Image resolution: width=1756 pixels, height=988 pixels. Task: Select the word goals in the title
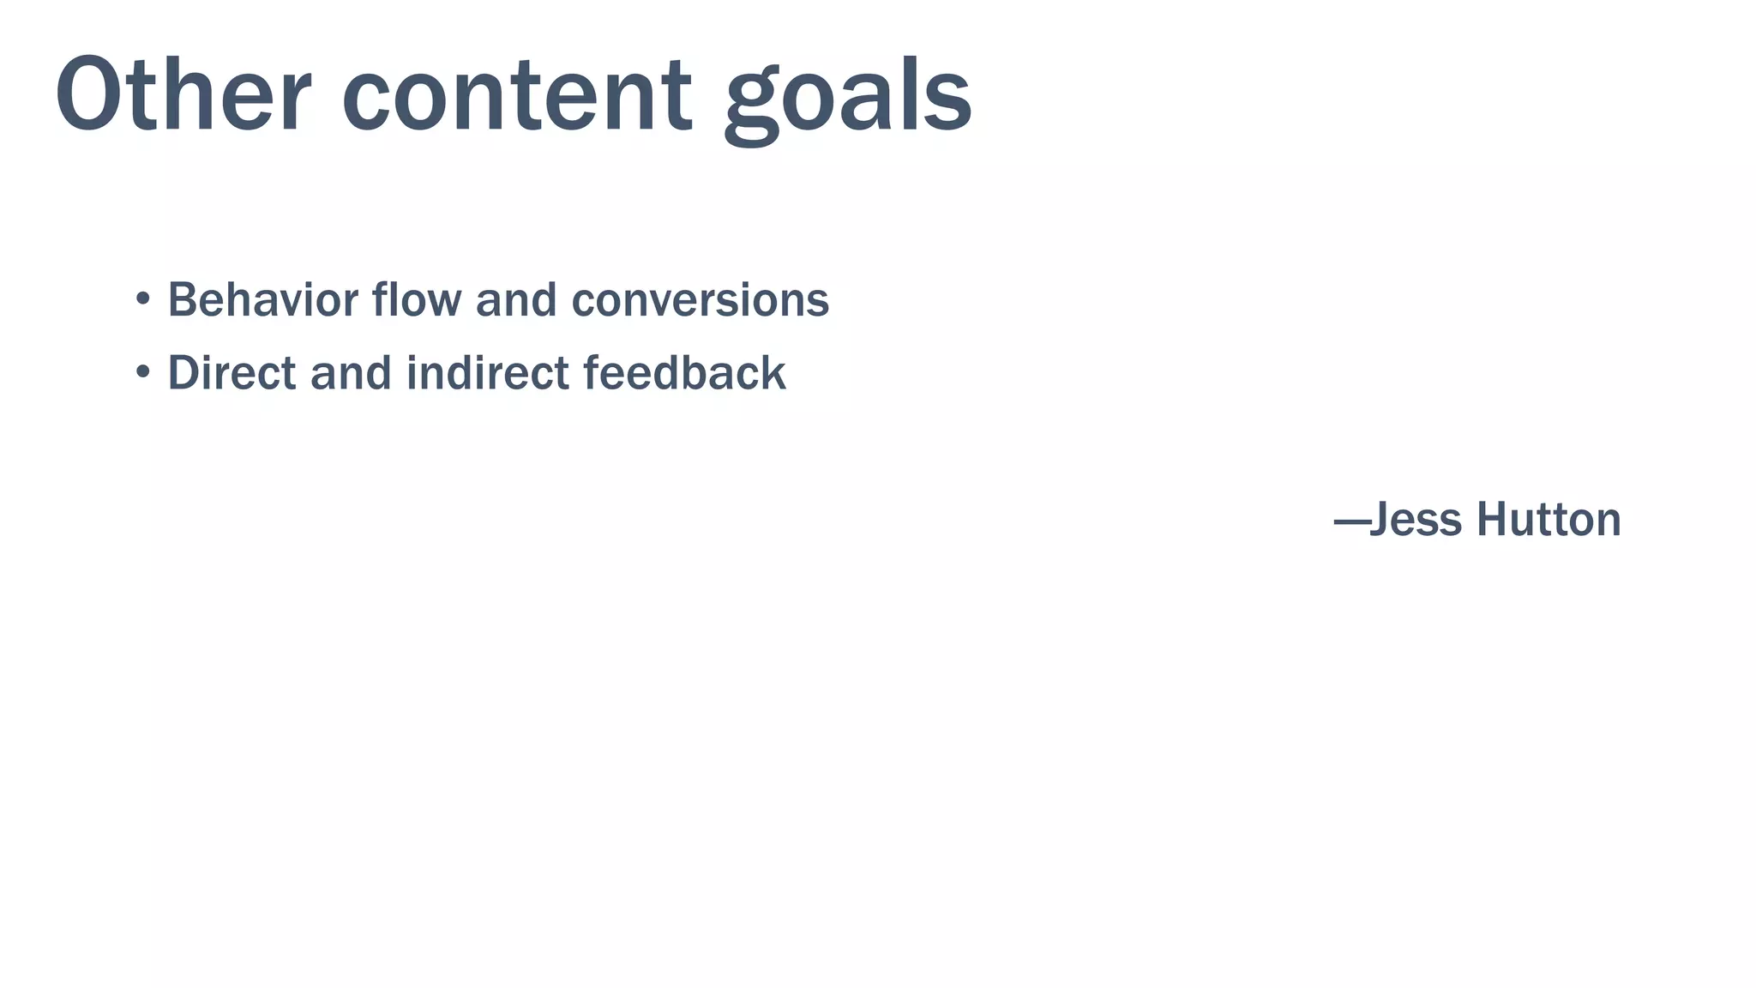pyautogui.click(x=848, y=96)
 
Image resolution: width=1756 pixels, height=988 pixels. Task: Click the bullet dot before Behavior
pyautogui.click(x=142, y=299)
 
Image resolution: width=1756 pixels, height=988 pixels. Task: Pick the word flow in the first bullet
pyautogui.click(x=417, y=299)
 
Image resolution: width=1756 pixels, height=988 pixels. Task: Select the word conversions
pyautogui.click(x=700, y=301)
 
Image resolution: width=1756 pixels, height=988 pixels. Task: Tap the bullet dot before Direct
pyautogui.click(x=142, y=372)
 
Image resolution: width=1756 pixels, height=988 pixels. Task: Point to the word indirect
pyautogui.click(x=487, y=372)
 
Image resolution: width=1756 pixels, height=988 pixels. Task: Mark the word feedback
pyautogui.click(x=684, y=372)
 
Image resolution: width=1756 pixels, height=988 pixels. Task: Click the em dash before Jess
pyautogui.click(x=1351, y=521)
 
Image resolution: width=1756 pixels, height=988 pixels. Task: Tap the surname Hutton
pyautogui.click(x=1549, y=520)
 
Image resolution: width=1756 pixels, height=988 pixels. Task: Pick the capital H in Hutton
pyautogui.click(x=1493, y=520)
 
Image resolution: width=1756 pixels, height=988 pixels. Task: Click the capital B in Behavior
pyautogui.click(x=183, y=299)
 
